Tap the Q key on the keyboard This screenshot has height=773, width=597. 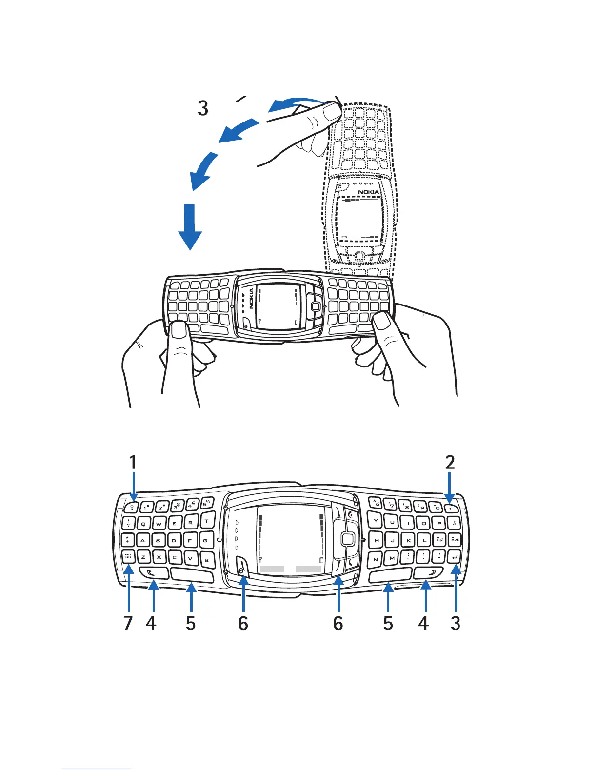(x=143, y=524)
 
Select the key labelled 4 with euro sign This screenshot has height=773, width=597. (x=192, y=505)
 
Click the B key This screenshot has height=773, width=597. (x=207, y=560)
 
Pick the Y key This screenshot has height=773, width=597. (x=376, y=521)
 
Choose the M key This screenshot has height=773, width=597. (x=392, y=558)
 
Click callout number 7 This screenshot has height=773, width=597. (x=128, y=623)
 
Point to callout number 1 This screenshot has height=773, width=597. (x=132, y=462)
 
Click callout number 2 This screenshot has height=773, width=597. (x=450, y=462)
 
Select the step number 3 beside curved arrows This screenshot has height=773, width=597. (x=203, y=108)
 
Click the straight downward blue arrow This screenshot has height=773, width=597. (x=190, y=227)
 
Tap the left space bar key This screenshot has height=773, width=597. (x=192, y=575)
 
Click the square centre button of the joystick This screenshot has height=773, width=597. (x=347, y=539)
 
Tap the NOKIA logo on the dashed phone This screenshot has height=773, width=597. (x=368, y=192)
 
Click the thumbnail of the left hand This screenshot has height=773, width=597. (x=179, y=331)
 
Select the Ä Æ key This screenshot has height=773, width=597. (x=455, y=540)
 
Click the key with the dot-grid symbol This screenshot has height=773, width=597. (x=128, y=556)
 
